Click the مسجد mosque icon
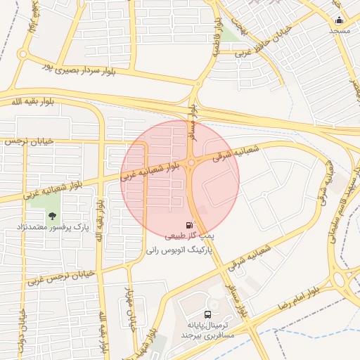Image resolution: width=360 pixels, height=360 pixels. tap(340, 20)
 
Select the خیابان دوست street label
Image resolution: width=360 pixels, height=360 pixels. tap(22, 330)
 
